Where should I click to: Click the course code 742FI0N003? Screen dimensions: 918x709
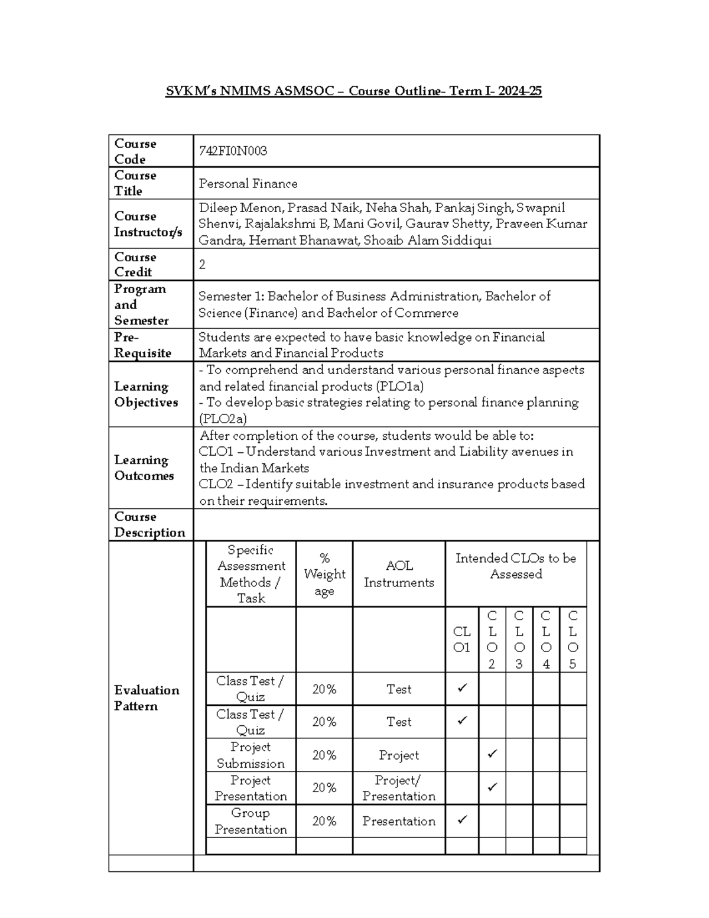pyautogui.click(x=233, y=151)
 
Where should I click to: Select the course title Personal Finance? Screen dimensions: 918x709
pyautogui.click(x=248, y=184)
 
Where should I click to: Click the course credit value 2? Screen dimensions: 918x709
pyautogui.click(x=202, y=264)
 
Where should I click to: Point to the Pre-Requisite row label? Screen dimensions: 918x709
pyautogui.click(x=142, y=345)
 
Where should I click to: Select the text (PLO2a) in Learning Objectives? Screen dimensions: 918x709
pyautogui.click(x=223, y=419)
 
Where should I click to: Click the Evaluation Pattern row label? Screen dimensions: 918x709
pyautogui.click(x=146, y=698)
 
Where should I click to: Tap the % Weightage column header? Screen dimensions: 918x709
pyautogui.click(x=324, y=574)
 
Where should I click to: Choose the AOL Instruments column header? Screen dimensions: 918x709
pyautogui.click(x=399, y=574)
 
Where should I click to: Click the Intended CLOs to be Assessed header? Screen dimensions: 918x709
pyautogui.click(x=516, y=566)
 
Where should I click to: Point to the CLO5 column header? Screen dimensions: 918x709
pyautogui.click(x=573, y=640)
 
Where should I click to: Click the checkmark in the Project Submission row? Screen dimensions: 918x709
pyautogui.click(x=492, y=754)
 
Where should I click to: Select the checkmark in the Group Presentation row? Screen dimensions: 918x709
pyautogui.click(x=462, y=820)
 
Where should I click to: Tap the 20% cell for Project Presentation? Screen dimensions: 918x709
pyautogui.click(x=324, y=788)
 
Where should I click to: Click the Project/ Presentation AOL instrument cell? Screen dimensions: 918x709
pyautogui.click(x=399, y=788)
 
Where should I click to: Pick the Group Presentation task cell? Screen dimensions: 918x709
pyautogui.click(x=251, y=821)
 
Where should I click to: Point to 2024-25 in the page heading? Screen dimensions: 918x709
pyautogui.click(x=520, y=91)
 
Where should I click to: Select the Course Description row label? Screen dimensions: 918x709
pyautogui.click(x=149, y=524)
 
